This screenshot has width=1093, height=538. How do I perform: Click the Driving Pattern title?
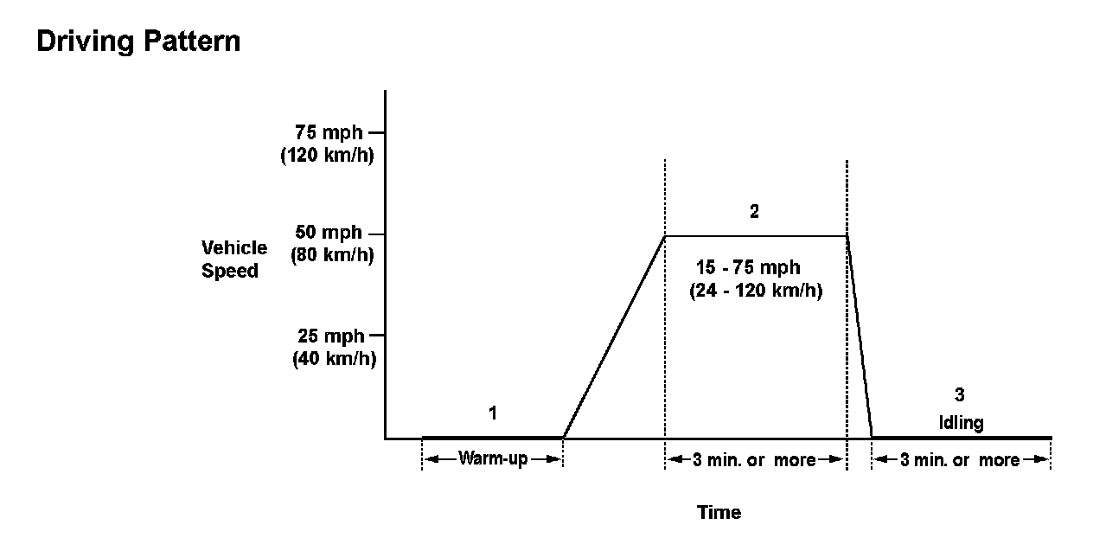138,42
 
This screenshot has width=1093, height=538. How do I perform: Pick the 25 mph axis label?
333,336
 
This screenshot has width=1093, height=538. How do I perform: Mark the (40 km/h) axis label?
333,358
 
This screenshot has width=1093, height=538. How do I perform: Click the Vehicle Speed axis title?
233,259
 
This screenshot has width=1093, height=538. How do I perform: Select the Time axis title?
719,512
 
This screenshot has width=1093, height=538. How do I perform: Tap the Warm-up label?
492,458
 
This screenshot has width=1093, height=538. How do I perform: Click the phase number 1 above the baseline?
493,413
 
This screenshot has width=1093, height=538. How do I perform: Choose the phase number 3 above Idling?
959,395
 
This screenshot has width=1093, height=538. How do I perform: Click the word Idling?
960,422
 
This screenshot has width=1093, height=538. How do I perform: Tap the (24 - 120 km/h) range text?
755,291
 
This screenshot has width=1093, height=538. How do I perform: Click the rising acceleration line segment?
614,336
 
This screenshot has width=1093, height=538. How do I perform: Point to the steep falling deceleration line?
860,337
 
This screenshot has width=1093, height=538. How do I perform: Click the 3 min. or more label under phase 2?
754,459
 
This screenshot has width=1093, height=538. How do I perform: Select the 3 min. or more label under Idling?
960,459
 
